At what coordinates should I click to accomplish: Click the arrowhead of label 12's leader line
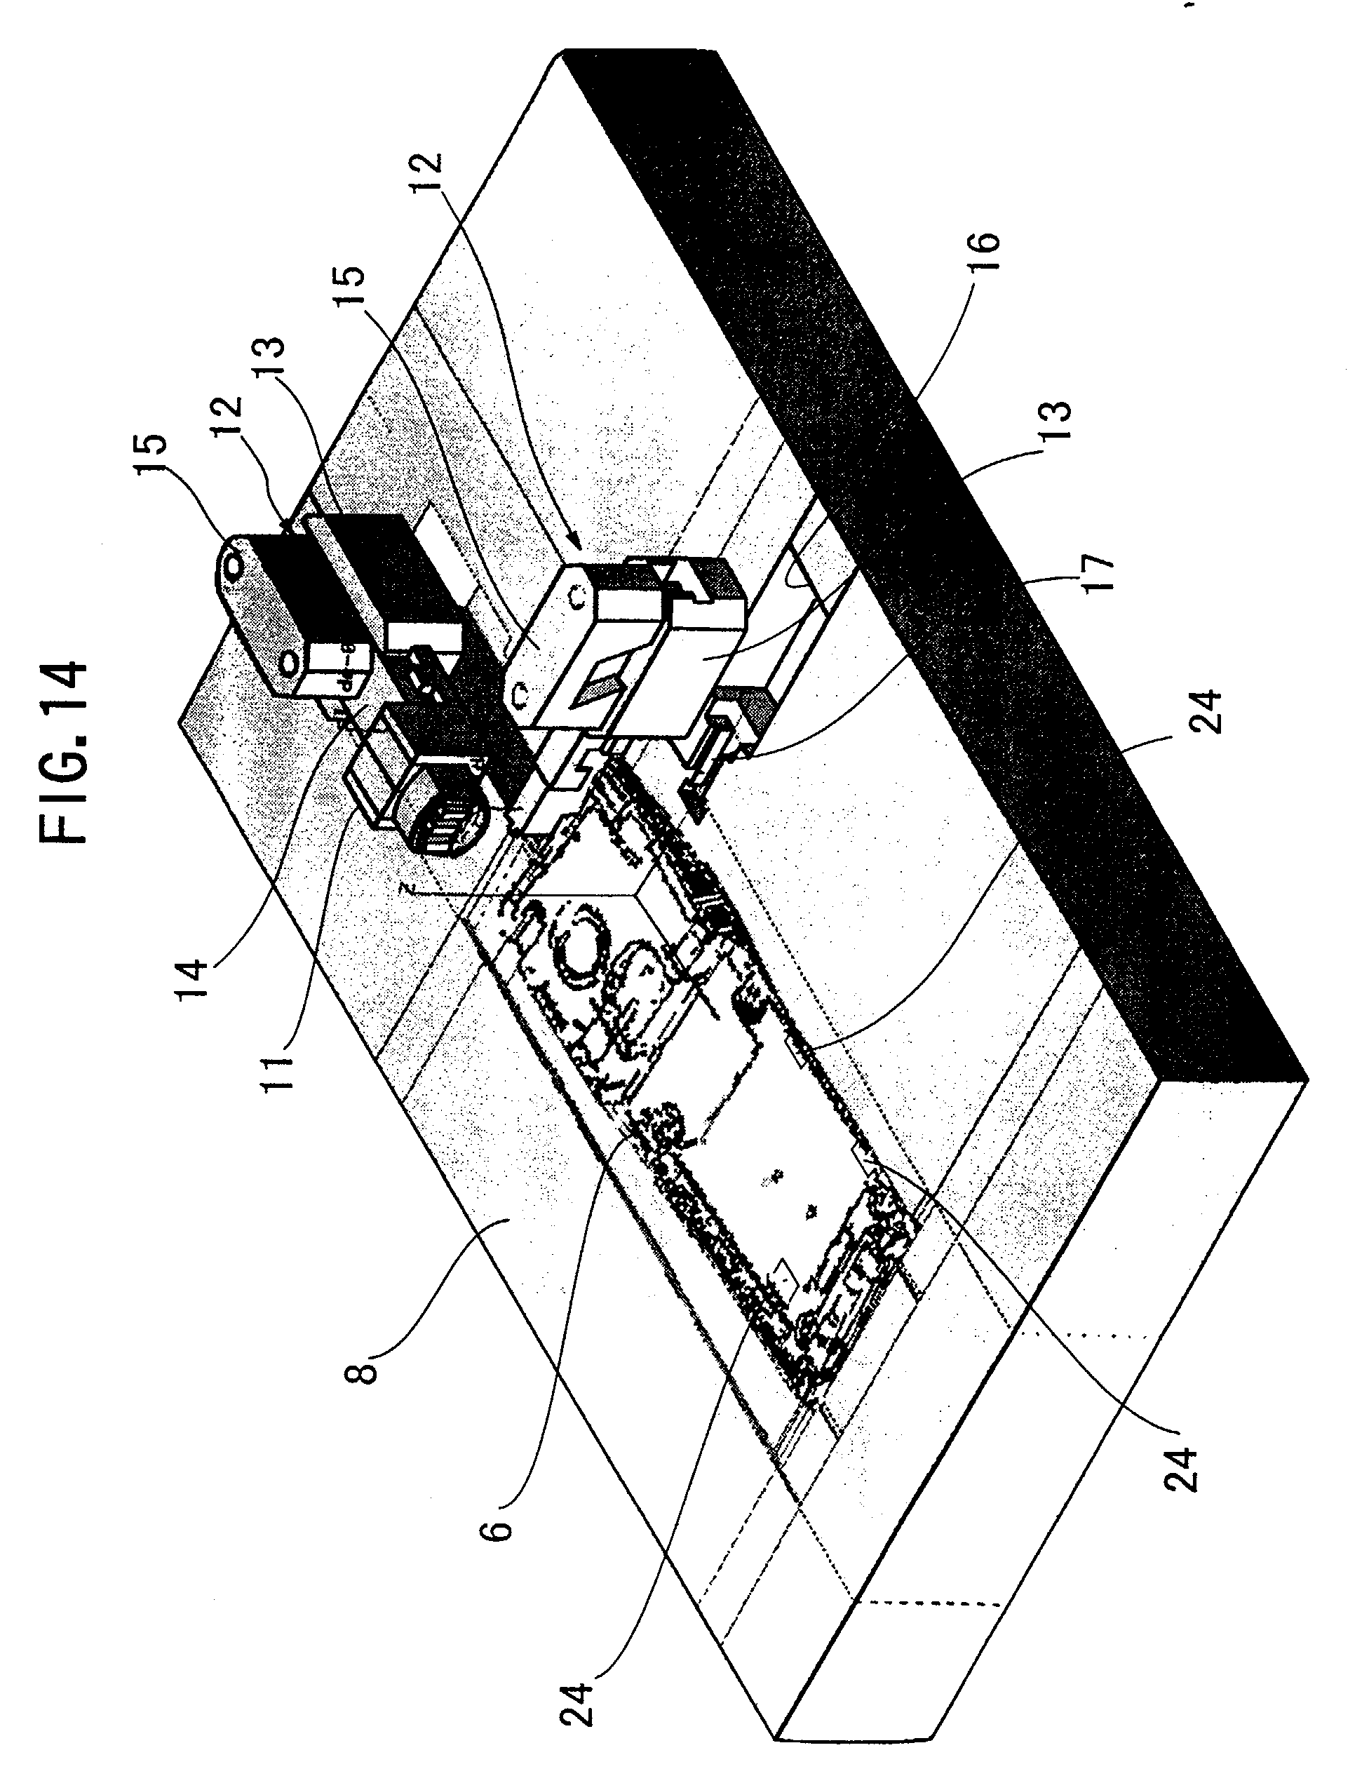579,544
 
